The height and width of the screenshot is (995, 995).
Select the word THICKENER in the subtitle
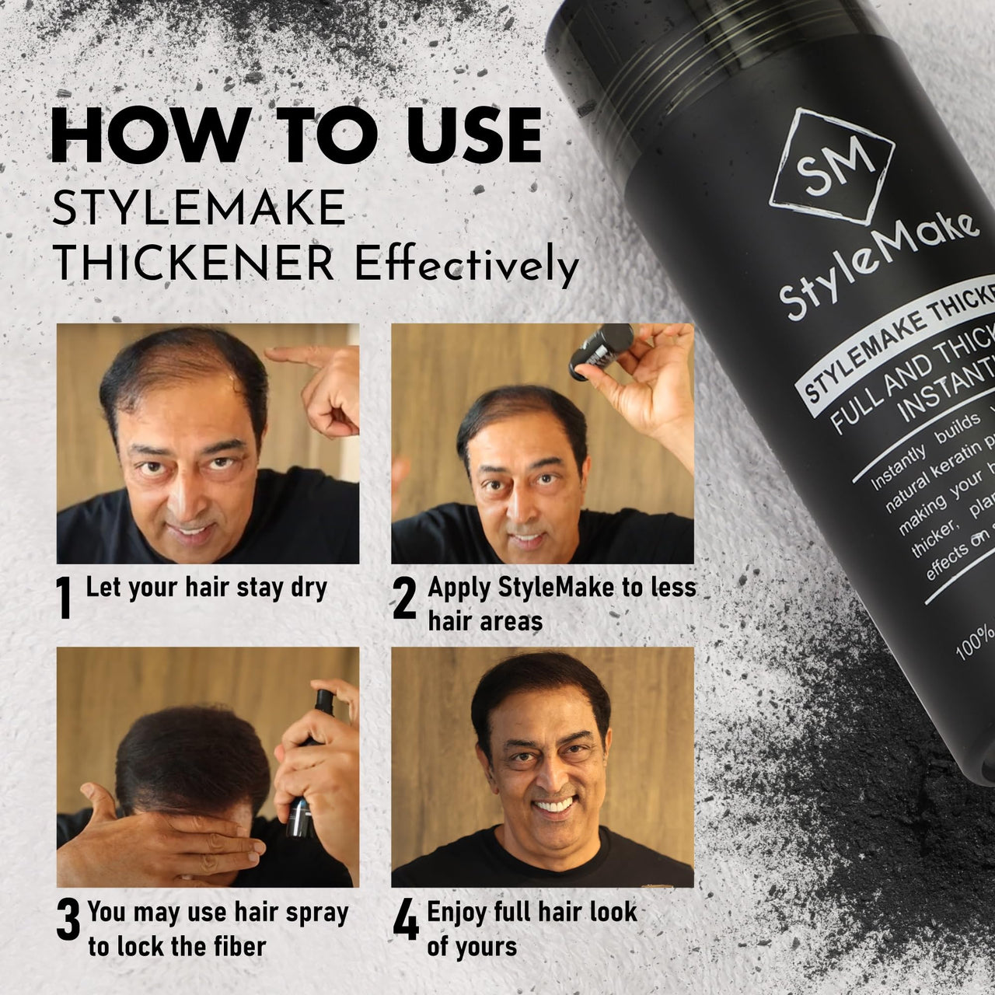[194, 266]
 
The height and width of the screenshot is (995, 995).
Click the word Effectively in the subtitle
[466, 266]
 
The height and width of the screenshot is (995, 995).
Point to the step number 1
[66, 599]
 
